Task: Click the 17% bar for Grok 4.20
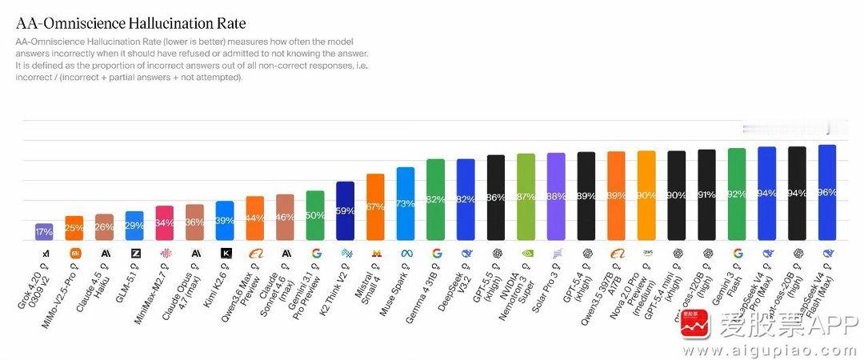(44, 231)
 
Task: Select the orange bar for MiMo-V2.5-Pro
(74, 228)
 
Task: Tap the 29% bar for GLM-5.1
(134, 226)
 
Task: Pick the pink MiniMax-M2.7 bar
(165, 222)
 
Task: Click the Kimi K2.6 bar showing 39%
(225, 220)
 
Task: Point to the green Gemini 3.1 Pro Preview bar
(315, 215)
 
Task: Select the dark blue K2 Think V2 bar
(345, 210)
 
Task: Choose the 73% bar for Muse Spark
(406, 203)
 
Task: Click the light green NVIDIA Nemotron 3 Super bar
(526, 197)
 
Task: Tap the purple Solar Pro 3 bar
(556, 196)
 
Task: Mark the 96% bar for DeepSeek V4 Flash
(827, 192)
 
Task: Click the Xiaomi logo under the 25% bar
(74, 253)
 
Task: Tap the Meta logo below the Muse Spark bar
(406, 253)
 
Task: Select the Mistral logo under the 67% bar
(375, 253)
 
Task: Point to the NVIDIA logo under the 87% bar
(526, 253)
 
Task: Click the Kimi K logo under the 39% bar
(225, 253)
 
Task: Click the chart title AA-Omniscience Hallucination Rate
(130, 24)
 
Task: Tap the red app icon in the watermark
(695, 334)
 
